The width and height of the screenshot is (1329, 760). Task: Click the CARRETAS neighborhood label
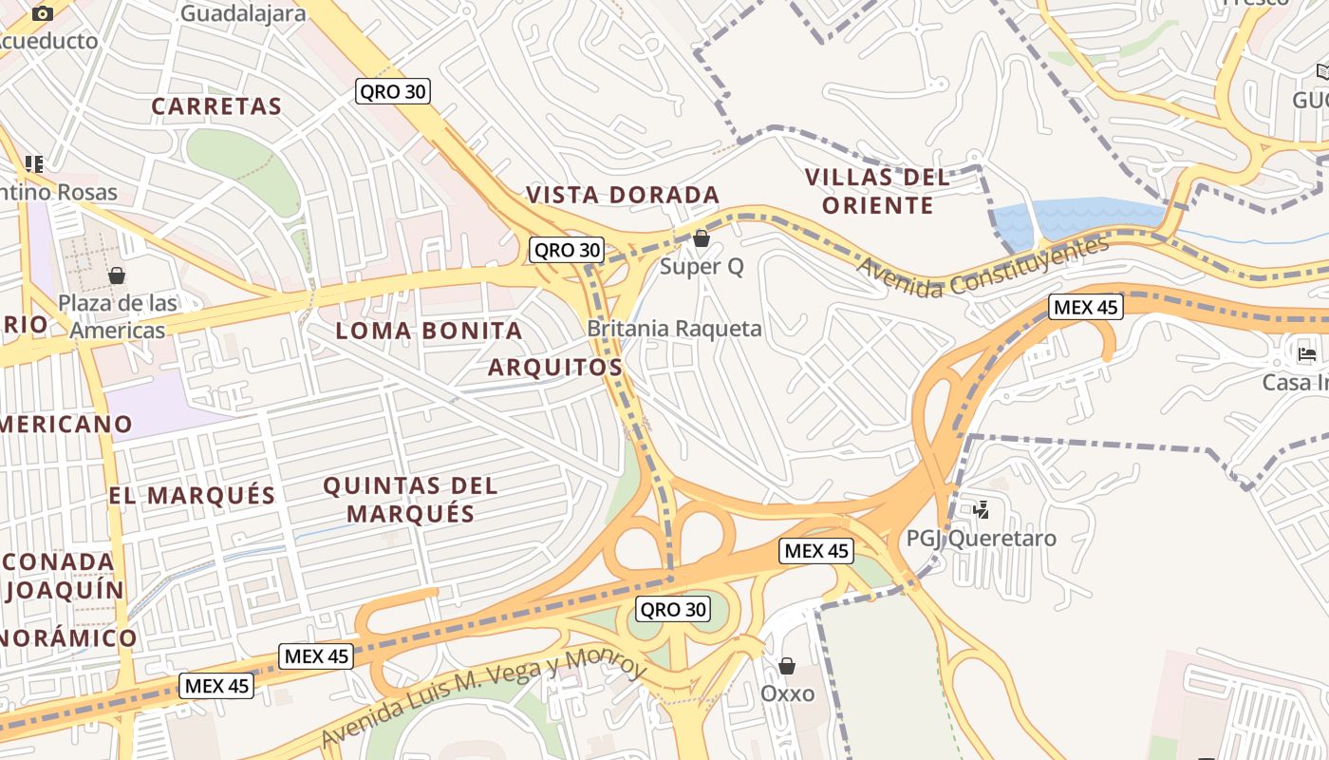tap(217, 106)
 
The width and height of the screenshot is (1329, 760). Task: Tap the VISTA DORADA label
tap(623, 195)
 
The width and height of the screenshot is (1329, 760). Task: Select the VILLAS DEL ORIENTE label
tap(877, 191)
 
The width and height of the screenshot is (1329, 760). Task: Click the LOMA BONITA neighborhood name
tap(429, 331)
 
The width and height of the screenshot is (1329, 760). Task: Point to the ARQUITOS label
tap(555, 367)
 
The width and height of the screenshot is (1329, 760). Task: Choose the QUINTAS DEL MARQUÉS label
tap(410, 500)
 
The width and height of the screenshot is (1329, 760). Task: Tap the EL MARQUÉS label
tap(192, 495)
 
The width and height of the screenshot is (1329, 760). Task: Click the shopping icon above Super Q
tap(702, 238)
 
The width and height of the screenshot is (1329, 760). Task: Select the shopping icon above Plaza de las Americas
tap(117, 275)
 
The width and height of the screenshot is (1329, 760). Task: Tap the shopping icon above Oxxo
tap(787, 666)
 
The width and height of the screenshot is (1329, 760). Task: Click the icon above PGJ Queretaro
tap(981, 510)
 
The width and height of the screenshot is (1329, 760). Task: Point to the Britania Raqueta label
tap(674, 329)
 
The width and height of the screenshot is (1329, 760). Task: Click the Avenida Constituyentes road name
tap(983, 269)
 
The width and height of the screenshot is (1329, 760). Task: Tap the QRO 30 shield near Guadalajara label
tap(393, 91)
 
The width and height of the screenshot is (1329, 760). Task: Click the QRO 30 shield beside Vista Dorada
tap(567, 250)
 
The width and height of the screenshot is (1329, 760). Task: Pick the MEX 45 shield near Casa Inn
tap(1086, 307)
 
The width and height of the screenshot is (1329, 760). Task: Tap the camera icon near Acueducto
tap(43, 13)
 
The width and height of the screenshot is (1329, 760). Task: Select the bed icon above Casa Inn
tap(1307, 354)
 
